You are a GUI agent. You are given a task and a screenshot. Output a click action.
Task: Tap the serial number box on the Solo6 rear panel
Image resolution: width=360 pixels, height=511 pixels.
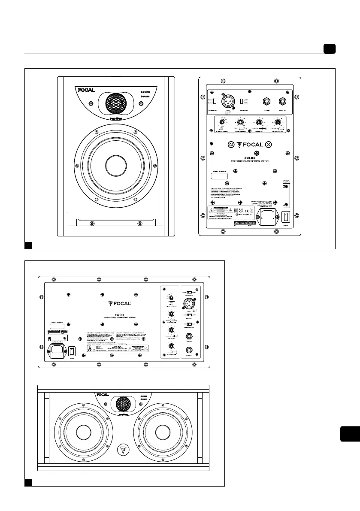point(221,175)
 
